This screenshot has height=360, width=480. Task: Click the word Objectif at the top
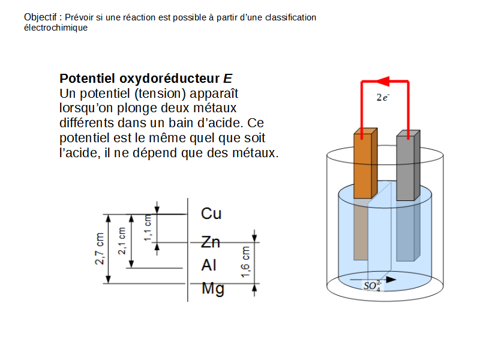click(41, 17)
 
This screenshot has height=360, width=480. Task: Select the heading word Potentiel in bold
click(88, 79)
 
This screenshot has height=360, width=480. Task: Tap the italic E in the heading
click(227, 79)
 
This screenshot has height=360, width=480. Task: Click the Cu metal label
click(211, 214)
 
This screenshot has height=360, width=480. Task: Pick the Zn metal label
click(211, 242)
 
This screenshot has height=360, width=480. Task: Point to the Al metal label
click(209, 265)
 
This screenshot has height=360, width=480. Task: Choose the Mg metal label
click(213, 289)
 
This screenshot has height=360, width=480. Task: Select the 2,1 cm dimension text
click(122, 241)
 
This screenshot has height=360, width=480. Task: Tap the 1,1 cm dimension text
click(148, 228)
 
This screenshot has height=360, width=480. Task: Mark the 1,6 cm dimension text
click(245, 262)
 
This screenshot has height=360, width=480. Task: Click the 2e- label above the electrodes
click(382, 97)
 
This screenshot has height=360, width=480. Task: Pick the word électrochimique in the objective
click(55, 28)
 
